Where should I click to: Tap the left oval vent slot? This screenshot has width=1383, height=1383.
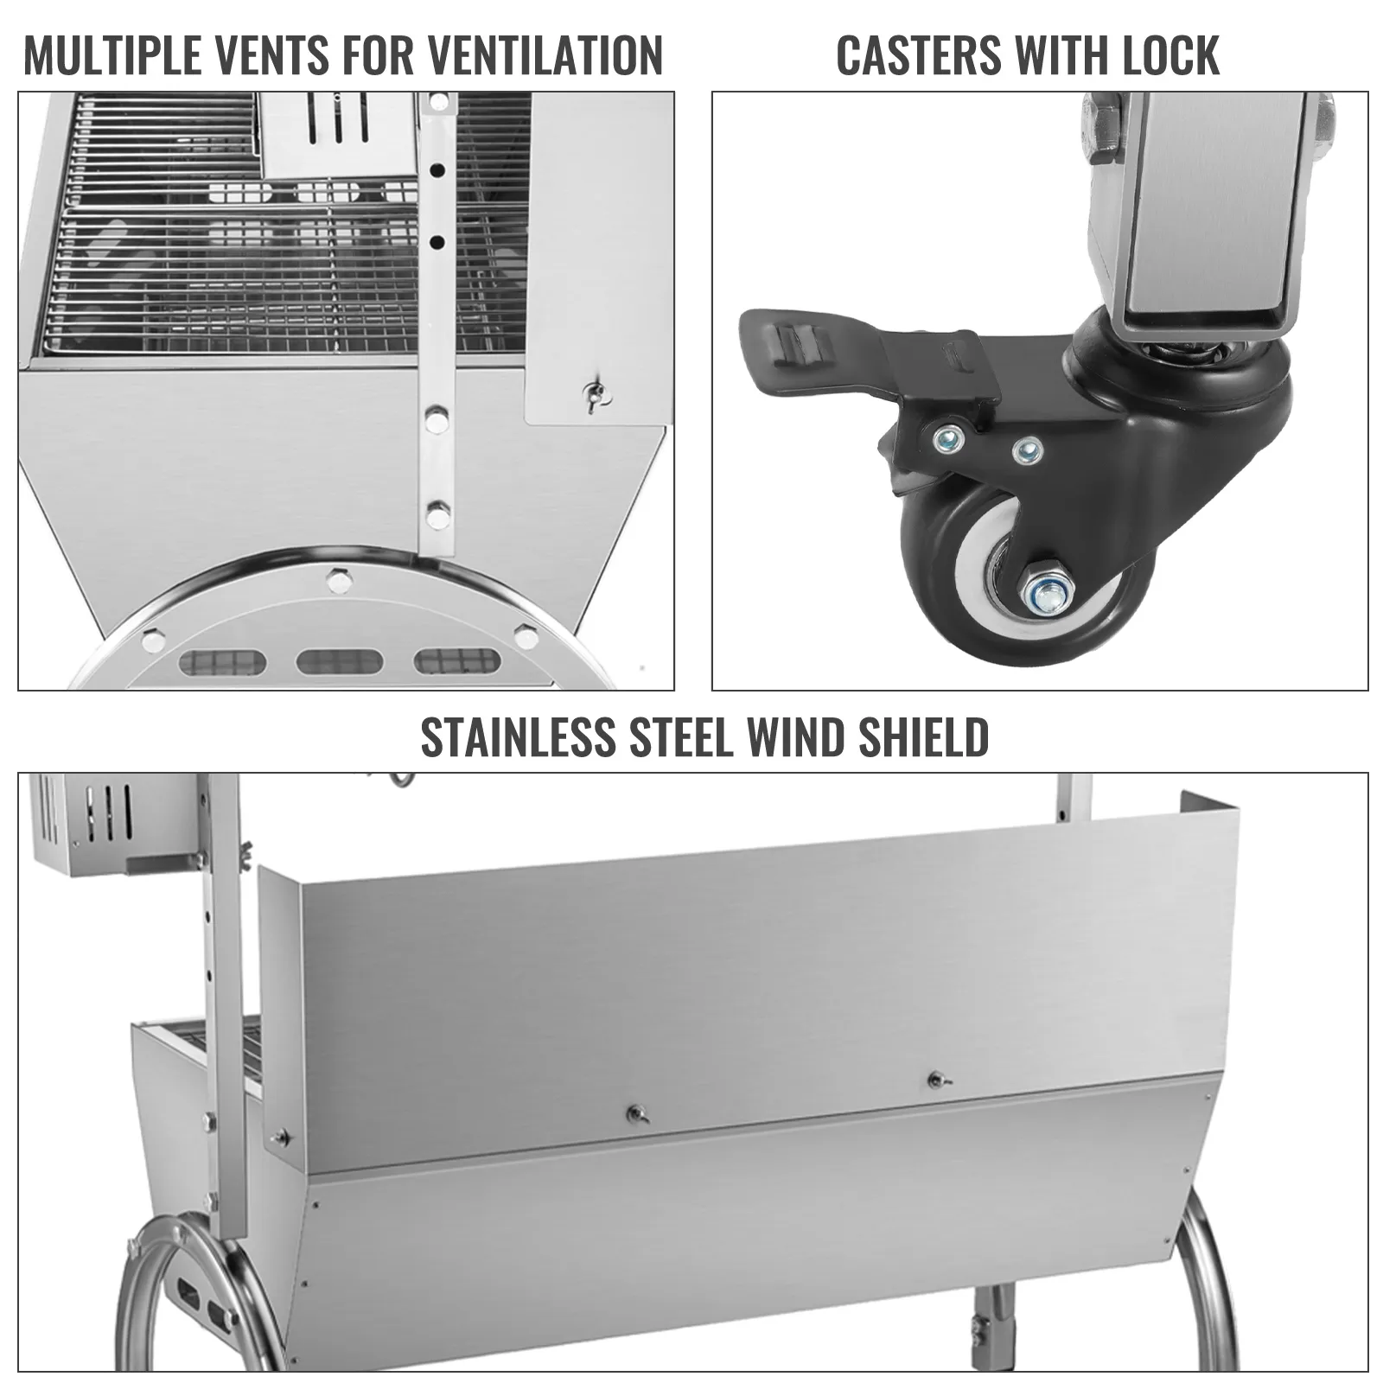[x=221, y=663]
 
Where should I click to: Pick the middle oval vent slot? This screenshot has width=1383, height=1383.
[x=339, y=663]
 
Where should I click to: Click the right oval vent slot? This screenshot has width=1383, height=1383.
[x=457, y=662]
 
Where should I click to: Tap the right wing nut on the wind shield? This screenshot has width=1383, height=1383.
[x=935, y=1080]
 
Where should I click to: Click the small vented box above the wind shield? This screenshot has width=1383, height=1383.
[x=117, y=824]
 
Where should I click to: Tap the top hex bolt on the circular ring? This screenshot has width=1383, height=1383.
[x=340, y=580]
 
